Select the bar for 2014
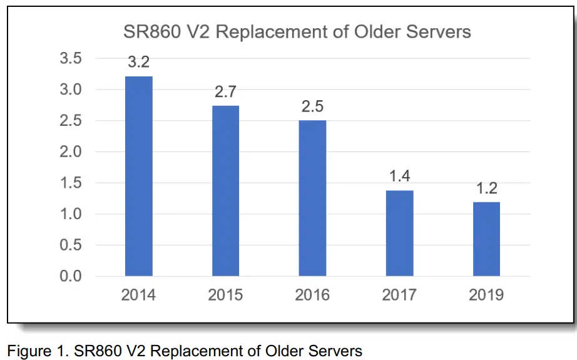[138, 176]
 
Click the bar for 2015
[225, 191]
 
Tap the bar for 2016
[312, 198]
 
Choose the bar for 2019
[486, 239]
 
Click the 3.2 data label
[138, 63]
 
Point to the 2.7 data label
[225, 92]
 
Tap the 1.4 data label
[399, 177]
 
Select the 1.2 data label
[486, 188]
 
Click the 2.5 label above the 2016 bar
[312, 106]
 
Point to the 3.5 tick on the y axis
[71, 59]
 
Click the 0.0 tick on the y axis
[71, 276]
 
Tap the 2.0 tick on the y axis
[71, 152]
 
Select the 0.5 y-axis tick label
[71, 245]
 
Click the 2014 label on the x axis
[138, 295]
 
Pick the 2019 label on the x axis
[486, 295]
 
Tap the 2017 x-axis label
[399, 295]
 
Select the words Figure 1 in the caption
[33, 350]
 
